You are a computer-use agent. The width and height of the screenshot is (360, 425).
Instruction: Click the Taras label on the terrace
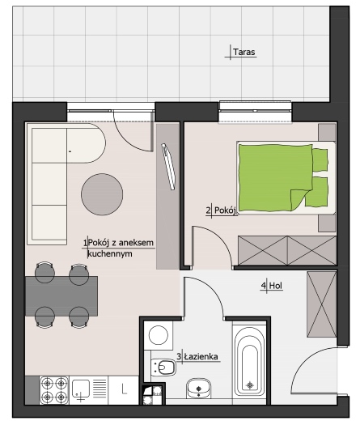[244, 52]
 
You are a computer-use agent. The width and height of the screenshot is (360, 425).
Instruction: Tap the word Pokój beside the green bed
[225, 210]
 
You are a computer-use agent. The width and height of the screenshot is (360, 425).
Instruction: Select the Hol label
[276, 286]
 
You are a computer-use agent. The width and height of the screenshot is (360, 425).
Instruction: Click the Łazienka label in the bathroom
[201, 356]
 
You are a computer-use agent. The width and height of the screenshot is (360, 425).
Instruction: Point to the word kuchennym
[110, 254]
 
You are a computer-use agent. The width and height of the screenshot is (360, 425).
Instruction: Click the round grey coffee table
[102, 194]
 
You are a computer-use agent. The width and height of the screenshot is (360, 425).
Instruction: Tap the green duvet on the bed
[275, 178]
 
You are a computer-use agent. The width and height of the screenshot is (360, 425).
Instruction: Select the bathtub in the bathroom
[249, 365]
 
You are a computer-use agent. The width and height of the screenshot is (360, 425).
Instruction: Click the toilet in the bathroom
[163, 368]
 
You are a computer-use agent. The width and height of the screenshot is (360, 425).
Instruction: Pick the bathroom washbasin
[199, 388]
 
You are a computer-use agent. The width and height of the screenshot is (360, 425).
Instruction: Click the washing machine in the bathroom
[159, 335]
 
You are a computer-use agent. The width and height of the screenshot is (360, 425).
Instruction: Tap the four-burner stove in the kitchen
[54, 390]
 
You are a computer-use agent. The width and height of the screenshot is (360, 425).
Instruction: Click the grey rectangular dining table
[61, 296]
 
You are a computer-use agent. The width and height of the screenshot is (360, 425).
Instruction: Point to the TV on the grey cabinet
[168, 166]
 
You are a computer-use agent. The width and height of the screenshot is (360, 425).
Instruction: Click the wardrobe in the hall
[321, 304]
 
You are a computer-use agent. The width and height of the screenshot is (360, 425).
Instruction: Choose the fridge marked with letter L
[124, 389]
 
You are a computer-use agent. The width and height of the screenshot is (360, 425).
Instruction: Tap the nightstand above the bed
[327, 132]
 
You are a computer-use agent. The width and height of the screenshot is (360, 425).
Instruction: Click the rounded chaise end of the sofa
[86, 143]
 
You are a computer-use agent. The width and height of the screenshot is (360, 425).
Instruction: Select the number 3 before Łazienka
[179, 356]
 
